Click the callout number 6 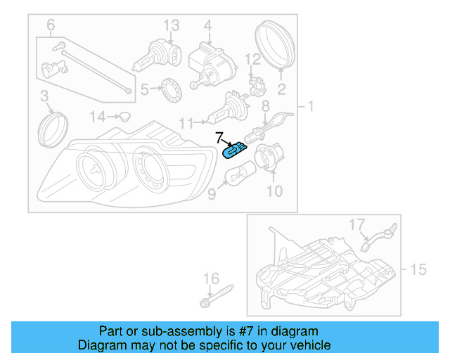(x=51, y=27)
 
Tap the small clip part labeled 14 (x=124, y=115)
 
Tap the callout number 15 (x=418, y=269)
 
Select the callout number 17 (x=358, y=224)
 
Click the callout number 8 (x=266, y=106)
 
